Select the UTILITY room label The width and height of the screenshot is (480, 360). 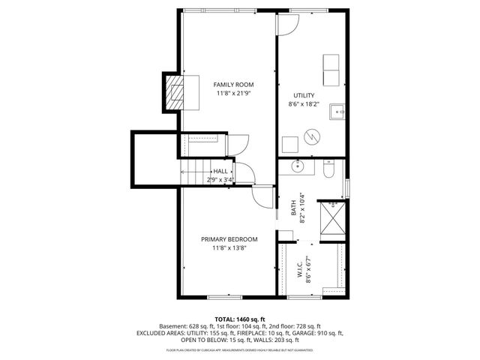(304, 96)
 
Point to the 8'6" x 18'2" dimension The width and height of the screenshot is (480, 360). (304, 105)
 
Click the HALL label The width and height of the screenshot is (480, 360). (220, 172)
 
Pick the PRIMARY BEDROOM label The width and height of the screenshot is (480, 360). (229, 239)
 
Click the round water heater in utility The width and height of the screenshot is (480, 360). (310, 138)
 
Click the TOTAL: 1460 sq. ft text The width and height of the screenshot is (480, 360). (240, 319)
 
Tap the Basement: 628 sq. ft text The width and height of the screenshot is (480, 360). (186, 326)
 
